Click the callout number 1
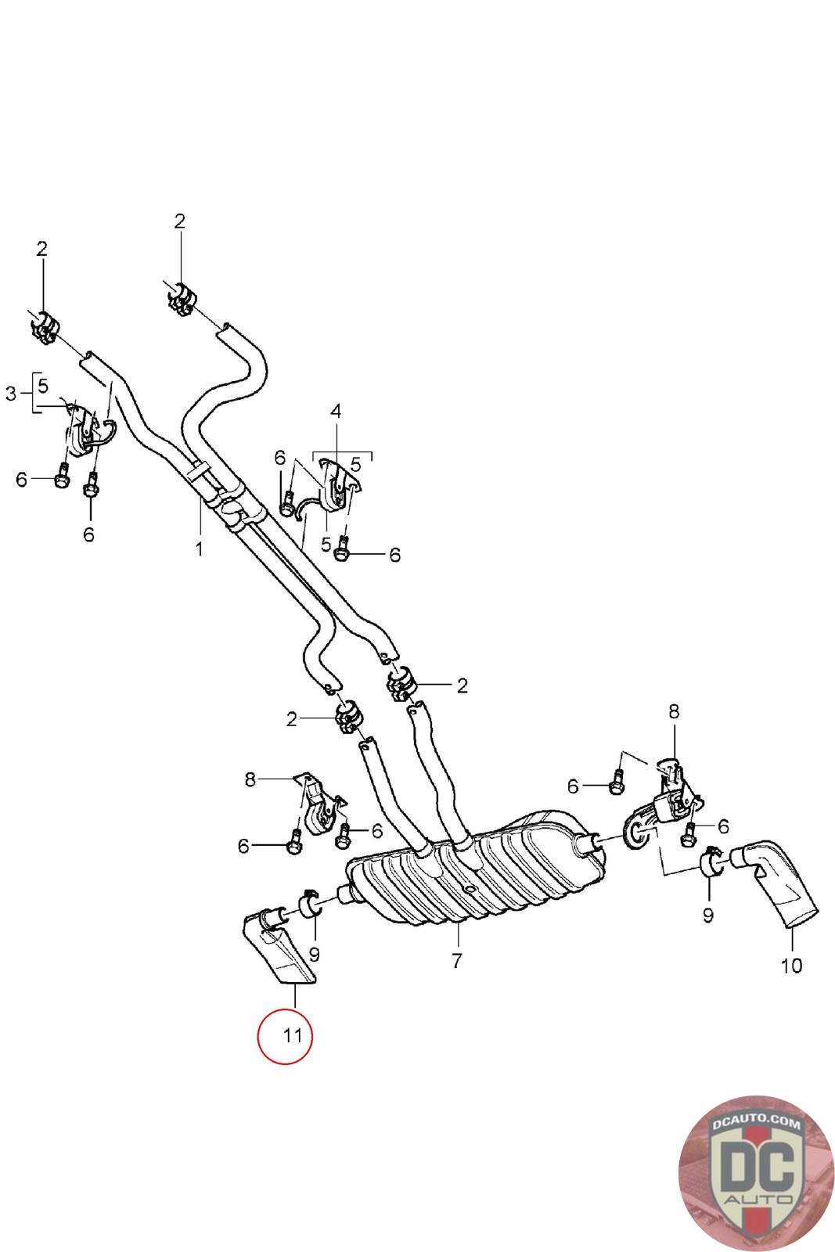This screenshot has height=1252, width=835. [x=199, y=549]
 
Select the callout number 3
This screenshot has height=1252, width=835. [x=11, y=394]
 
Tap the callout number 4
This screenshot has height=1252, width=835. [x=336, y=411]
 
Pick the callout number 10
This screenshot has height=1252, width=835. [x=791, y=966]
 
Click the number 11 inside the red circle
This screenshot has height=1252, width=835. [x=293, y=1036]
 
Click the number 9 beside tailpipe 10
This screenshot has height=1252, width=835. [x=708, y=915]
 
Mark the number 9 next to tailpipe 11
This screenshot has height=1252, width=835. [x=314, y=954]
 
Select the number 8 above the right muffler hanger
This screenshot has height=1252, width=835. [x=674, y=711]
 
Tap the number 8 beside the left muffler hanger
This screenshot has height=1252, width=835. [x=250, y=779]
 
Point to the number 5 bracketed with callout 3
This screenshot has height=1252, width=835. [x=43, y=386]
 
